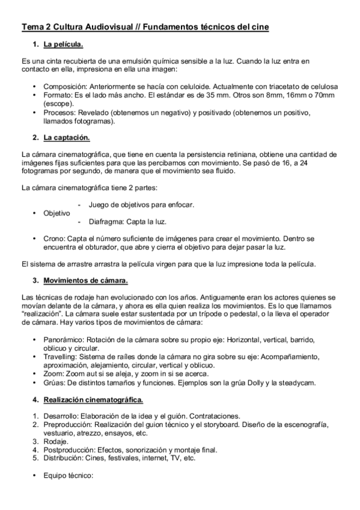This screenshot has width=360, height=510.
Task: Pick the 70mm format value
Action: point(324,95)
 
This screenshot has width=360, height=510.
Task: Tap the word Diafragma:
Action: point(108,221)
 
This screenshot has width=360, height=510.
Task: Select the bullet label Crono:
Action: point(55,239)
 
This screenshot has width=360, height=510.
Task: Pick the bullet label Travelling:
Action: point(63,357)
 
